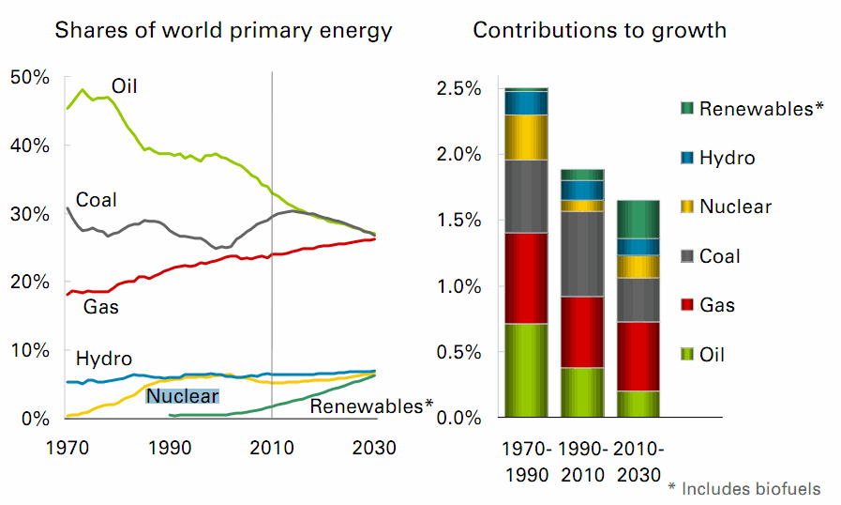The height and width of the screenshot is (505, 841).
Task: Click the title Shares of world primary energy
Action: (223, 30)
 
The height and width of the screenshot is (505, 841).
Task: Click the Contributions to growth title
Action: (599, 30)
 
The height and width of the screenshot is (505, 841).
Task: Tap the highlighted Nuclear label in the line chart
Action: (182, 396)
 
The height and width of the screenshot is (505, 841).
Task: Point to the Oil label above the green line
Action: (125, 86)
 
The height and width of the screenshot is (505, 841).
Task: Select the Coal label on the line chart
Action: (96, 200)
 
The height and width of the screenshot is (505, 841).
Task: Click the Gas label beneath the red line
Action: (100, 307)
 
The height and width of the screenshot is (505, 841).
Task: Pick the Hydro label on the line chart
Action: (103, 358)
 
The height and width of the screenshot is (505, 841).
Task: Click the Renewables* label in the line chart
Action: (371, 406)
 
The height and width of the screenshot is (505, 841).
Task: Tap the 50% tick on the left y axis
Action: (29, 77)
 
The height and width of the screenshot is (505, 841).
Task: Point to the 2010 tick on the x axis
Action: (272, 447)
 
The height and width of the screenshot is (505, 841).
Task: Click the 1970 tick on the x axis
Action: (67, 447)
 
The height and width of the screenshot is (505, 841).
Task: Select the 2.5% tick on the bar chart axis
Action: (458, 89)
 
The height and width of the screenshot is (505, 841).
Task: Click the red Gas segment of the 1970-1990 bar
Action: (526, 278)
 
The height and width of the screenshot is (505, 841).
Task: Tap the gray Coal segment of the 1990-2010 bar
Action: (582, 253)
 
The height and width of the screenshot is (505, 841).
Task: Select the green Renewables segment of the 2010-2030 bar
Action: (638, 219)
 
